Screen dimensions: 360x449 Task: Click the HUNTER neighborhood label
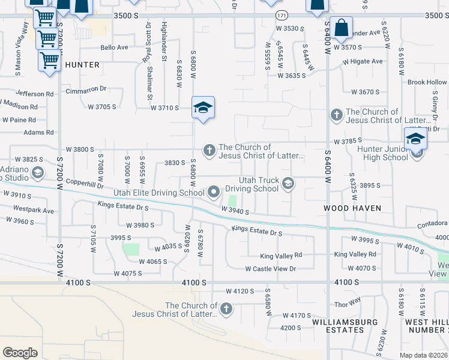tap(82, 64)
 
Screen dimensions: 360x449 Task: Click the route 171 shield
tap(281, 14)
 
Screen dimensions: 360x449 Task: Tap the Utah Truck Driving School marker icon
tap(289, 184)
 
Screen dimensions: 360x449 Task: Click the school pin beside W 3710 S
tap(203, 108)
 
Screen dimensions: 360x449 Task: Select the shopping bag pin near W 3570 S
tap(341, 28)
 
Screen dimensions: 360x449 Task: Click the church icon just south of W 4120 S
tap(226, 310)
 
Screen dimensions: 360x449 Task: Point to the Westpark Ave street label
tap(33, 211)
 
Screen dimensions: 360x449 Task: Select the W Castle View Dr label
tap(270, 269)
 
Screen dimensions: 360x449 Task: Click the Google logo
tap(20, 352)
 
